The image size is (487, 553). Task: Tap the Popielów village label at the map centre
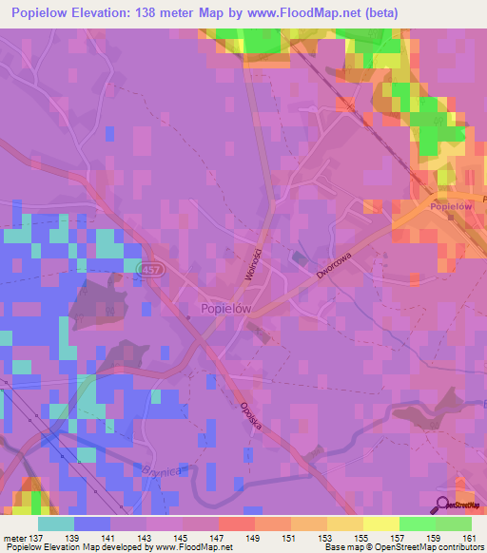coord(227,308)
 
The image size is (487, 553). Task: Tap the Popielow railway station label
coord(451,206)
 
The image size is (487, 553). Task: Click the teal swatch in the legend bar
coord(56,524)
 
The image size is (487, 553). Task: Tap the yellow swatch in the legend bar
coord(381,524)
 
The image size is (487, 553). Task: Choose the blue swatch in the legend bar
coord(92,524)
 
